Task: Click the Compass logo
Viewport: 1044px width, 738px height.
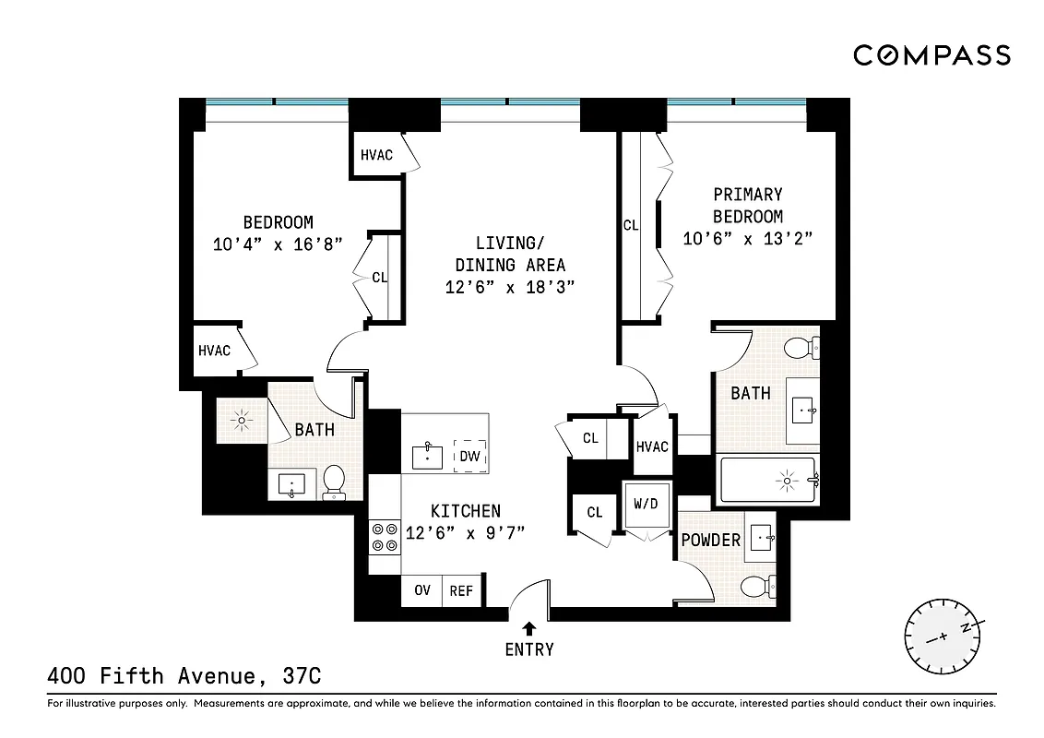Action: [x=931, y=56]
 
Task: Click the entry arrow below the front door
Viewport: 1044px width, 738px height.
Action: [x=529, y=628]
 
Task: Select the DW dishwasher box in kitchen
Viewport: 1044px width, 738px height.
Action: [x=469, y=455]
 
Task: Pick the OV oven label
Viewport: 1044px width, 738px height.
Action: [x=422, y=590]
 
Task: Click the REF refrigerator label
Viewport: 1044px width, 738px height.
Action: [x=460, y=590]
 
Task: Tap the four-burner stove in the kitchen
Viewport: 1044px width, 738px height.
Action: [x=385, y=537]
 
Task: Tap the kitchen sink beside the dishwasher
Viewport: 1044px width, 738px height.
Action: [x=428, y=455]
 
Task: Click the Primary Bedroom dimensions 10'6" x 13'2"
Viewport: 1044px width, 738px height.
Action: [x=747, y=239]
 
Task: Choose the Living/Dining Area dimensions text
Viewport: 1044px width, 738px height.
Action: [x=510, y=287]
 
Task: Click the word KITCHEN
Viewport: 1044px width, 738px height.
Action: [x=466, y=511]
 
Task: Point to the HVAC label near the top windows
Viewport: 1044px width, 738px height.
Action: [x=376, y=155]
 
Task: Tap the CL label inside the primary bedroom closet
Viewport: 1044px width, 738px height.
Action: [x=631, y=224]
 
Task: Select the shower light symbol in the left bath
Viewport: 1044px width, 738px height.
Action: [x=242, y=422]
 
